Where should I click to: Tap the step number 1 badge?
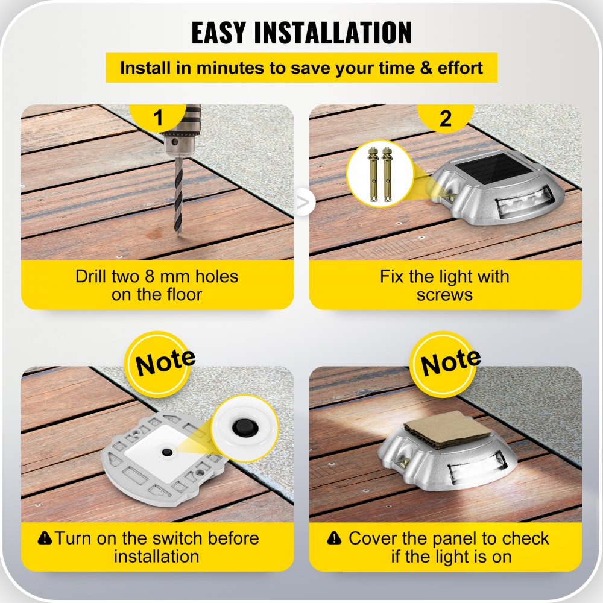[x=158, y=118]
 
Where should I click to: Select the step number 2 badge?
[x=446, y=118]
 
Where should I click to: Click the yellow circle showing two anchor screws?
[x=379, y=173]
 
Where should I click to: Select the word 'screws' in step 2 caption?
[x=444, y=295]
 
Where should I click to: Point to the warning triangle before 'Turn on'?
[x=44, y=537]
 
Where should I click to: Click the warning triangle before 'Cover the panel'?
[x=333, y=537]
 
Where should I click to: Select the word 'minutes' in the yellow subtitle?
[x=230, y=68]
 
